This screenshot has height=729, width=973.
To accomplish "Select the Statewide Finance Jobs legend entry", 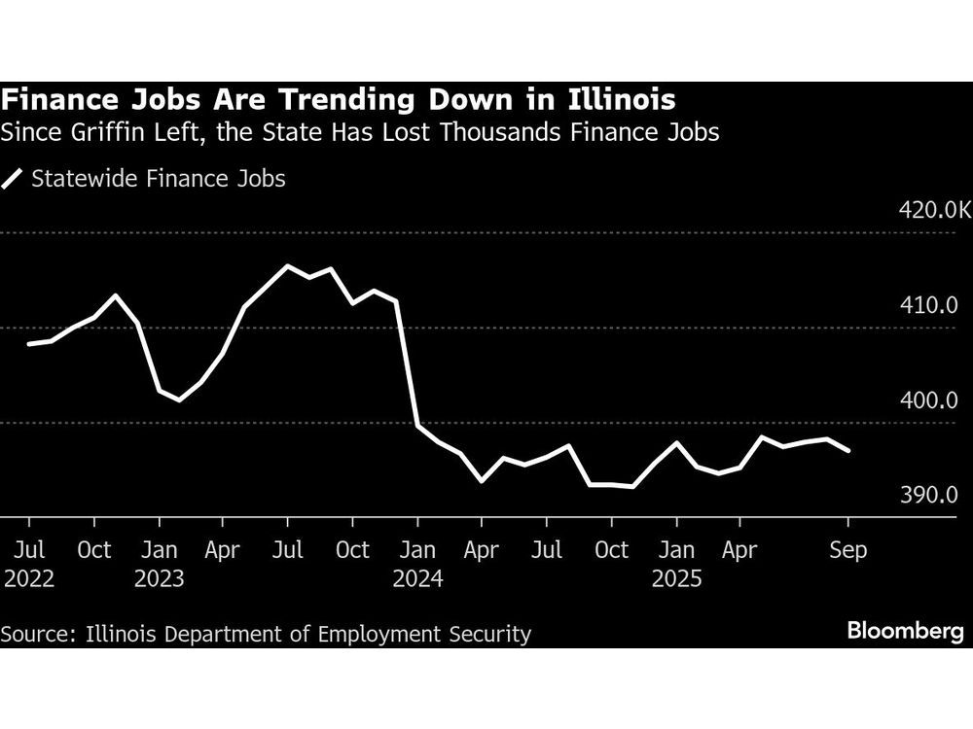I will click(145, 179).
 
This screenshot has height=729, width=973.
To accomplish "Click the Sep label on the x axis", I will click(847, 550).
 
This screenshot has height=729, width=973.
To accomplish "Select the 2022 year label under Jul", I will click(29, 579).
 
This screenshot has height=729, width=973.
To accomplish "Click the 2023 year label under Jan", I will click(160, 579).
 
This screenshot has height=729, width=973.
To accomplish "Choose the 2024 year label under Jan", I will click(417, 579).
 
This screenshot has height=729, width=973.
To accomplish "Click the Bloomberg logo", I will click(905, 632).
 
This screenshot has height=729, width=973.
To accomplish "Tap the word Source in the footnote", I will click(36, 635).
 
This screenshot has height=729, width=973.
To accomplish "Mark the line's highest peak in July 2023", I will click(287, 265).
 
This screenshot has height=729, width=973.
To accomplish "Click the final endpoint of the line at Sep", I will click(848, 450).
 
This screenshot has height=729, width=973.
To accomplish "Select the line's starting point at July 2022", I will click(29, 344).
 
